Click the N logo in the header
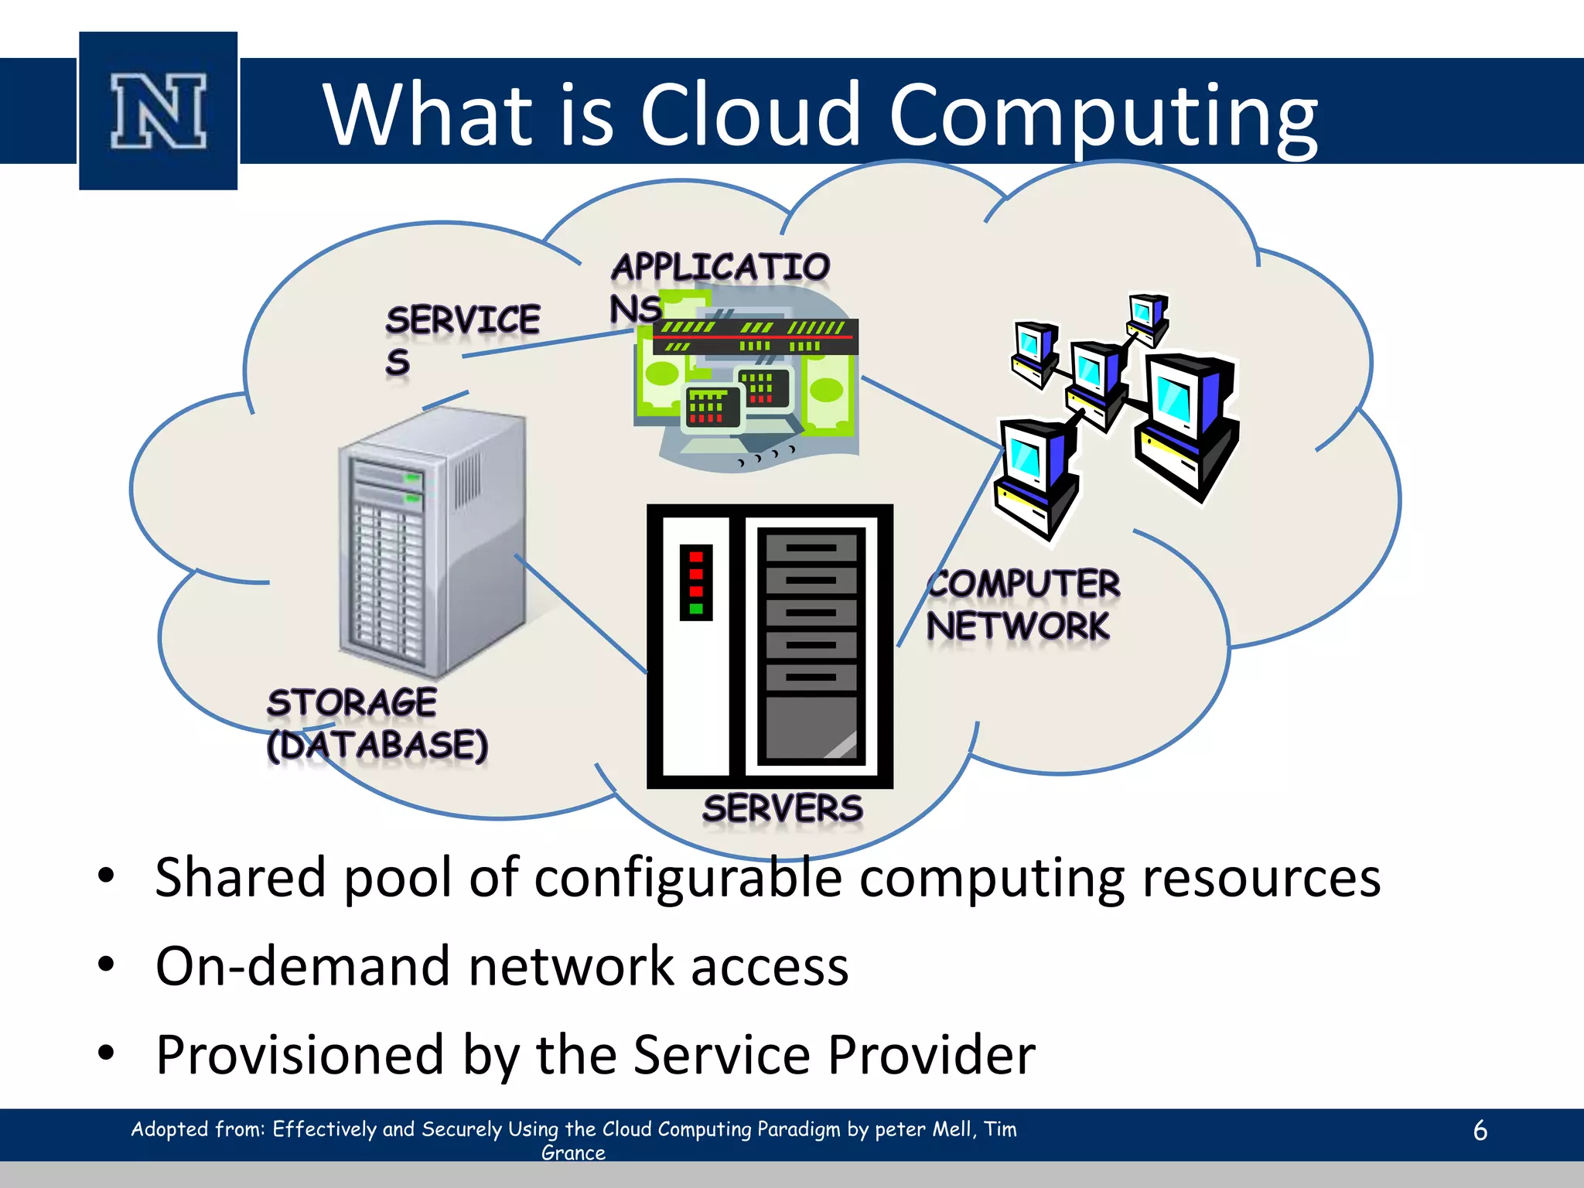[159, 111]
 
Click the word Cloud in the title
[749, 114]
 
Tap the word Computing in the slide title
[1103, 116]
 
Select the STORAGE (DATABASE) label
[377, 724]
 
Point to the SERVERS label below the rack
[782, 808]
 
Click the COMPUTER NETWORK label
[1022, 605]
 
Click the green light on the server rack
[695, 609]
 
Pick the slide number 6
[1480, 1130]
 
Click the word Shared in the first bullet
[241, 878]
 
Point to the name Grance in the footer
[573, 1152]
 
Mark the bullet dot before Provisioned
[106, 1053]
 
